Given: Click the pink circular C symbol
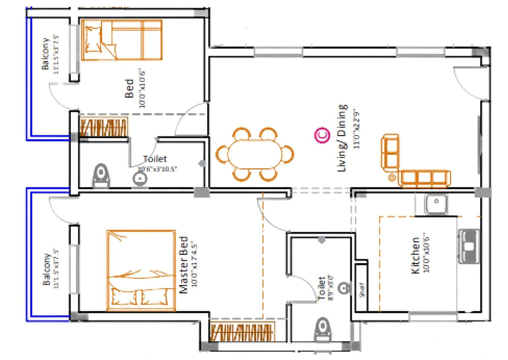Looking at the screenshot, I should (322, 135).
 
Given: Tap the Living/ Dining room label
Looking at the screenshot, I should (342, 138).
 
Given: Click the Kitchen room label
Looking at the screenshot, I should (415, 255).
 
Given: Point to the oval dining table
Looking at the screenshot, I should (254, 154).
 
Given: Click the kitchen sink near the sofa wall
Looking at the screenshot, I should (436, 203).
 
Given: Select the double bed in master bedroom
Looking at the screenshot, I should (141, 270).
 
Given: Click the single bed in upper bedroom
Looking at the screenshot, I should (122, 40).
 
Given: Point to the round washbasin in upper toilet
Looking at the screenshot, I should (140, 179).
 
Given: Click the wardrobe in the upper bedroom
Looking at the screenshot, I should (103, 127).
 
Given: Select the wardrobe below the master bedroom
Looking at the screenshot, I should (242, 332).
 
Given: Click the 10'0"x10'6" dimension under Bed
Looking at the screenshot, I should (142, 88).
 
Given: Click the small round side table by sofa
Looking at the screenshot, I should (392, 177).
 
